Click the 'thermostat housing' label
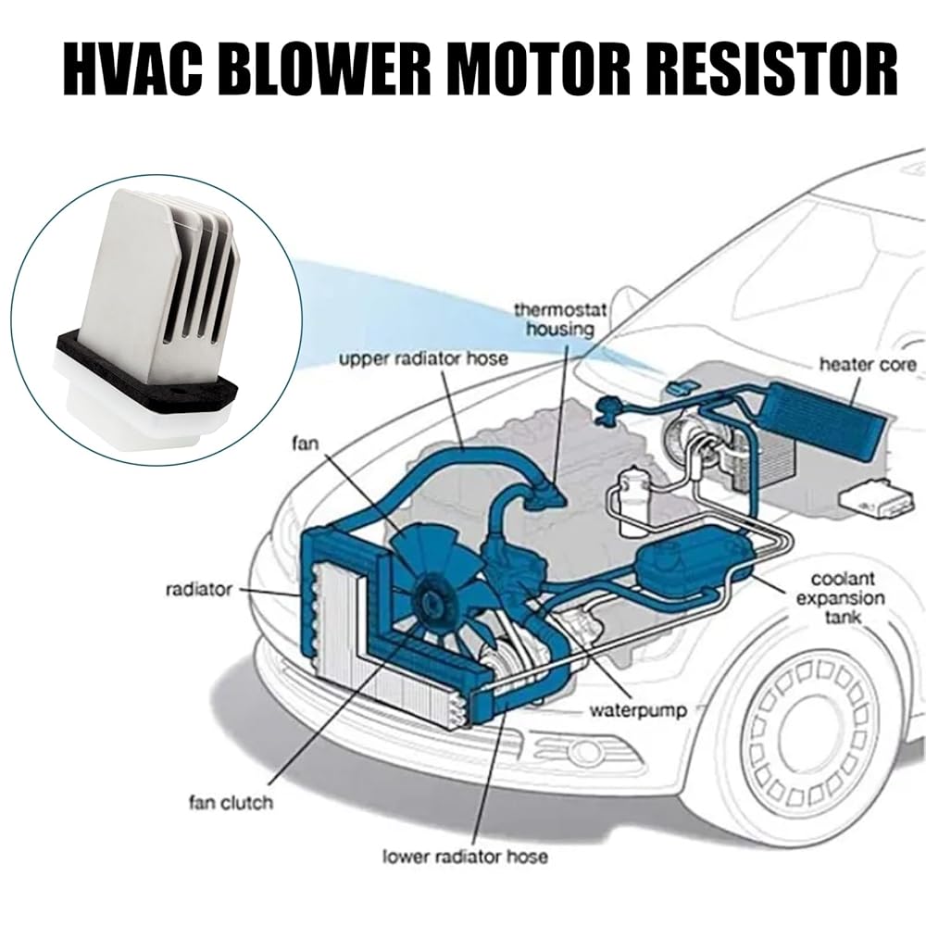560,319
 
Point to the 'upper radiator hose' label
423,357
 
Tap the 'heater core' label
868,364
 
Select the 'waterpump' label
638,710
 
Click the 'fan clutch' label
231,803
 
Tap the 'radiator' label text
199,589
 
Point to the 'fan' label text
305,444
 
